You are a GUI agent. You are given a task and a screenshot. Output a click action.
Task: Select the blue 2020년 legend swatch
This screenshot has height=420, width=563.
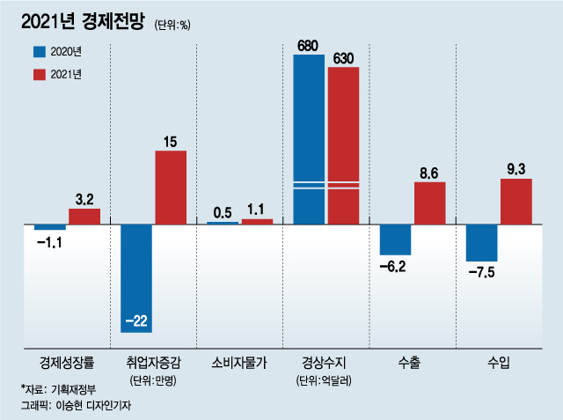tap(40, 51)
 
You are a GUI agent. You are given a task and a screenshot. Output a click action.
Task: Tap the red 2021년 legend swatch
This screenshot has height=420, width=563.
tap(40, 75)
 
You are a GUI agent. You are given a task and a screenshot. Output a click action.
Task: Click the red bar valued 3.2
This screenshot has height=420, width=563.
tap(84, 217)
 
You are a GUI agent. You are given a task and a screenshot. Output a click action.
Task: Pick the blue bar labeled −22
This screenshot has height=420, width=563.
tap(136, 278)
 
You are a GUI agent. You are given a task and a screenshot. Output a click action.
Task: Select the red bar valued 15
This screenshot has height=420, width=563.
tap(171, 188)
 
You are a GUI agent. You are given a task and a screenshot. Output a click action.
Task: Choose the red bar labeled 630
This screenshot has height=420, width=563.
tap(343, 145)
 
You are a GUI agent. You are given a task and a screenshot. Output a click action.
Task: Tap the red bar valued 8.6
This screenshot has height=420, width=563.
tap(429, 203)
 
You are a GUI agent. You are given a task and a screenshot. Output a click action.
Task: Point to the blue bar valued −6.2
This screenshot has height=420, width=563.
tap(395, 240)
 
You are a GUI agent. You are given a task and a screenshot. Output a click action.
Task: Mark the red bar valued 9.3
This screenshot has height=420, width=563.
tap(515, 202)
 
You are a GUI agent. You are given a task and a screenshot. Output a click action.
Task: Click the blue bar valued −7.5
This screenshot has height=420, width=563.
tap(481, 243)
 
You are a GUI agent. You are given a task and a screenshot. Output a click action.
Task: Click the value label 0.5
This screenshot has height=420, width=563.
tap(222, 212)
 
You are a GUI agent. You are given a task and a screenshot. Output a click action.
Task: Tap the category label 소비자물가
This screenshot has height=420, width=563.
tap(239, 361)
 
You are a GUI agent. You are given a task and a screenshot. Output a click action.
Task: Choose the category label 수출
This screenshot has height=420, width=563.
tap(412, 361)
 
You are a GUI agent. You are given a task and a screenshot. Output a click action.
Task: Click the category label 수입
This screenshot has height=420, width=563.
tap(499, 361)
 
